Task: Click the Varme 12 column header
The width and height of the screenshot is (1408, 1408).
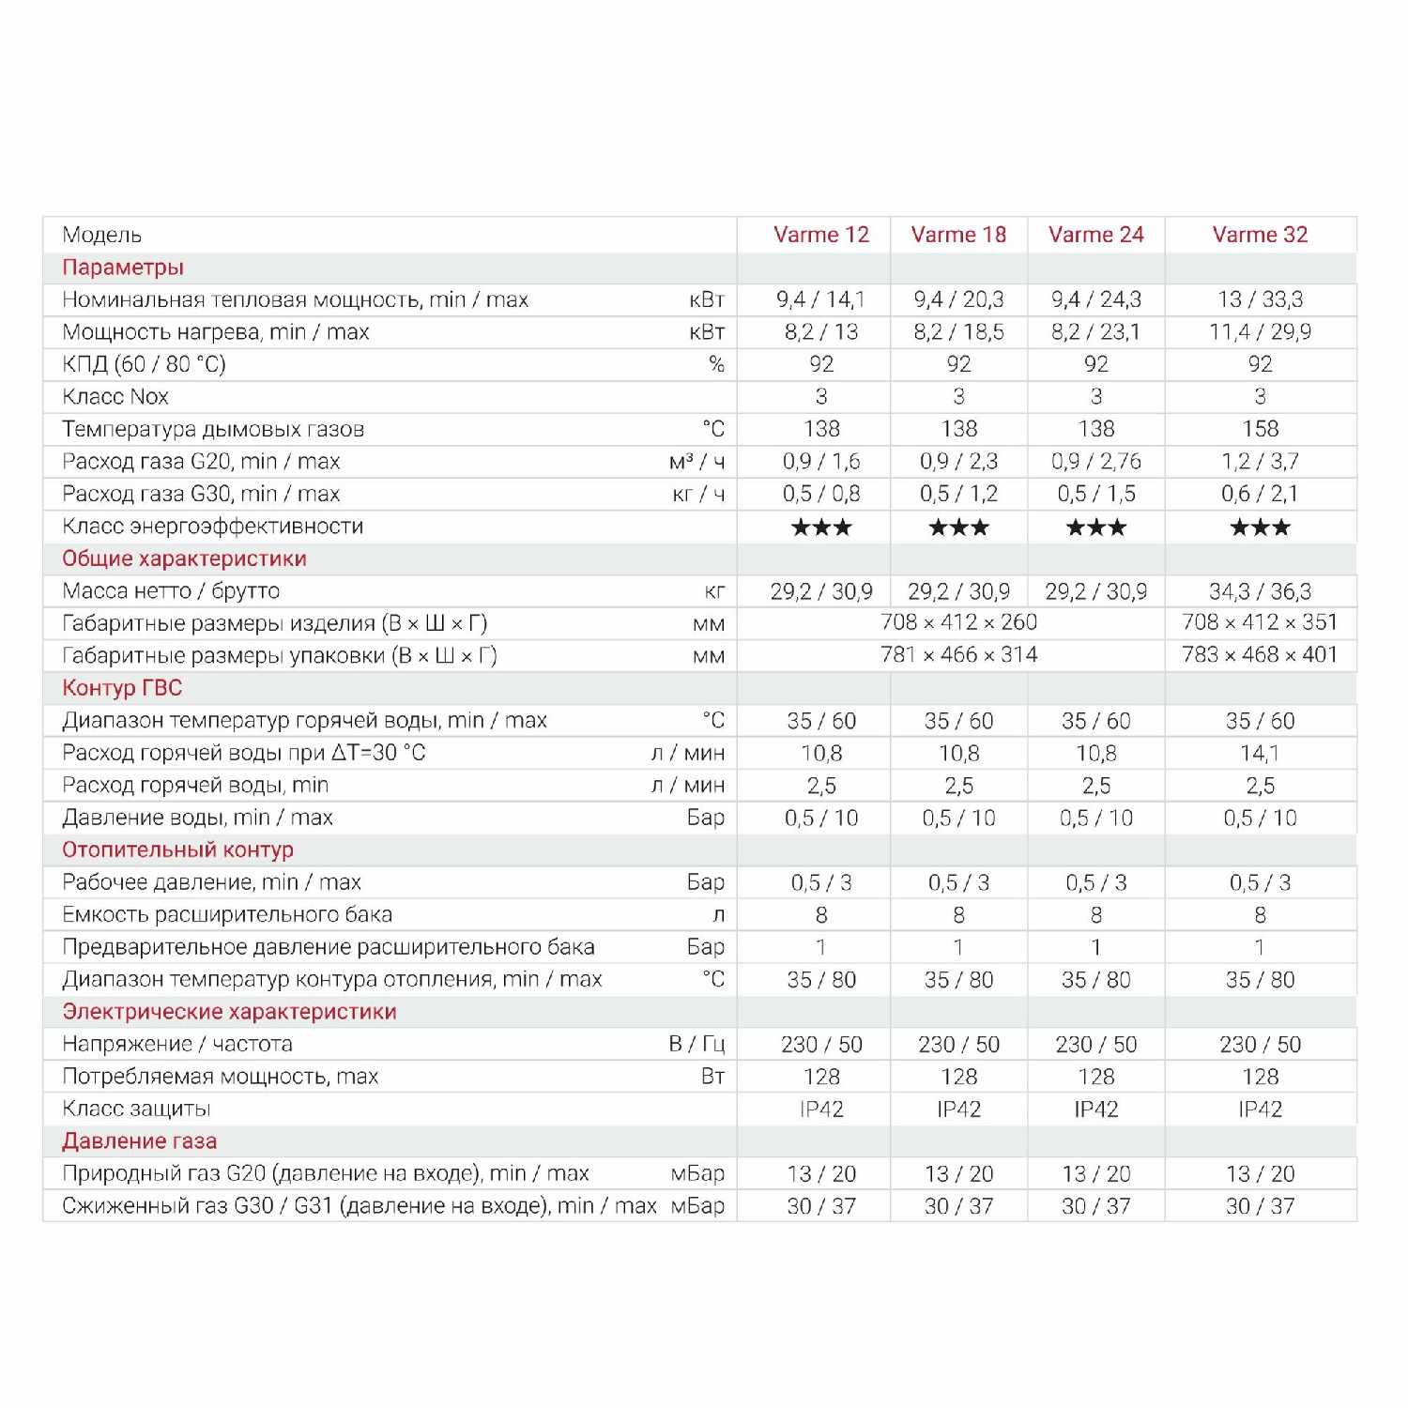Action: (821, 235)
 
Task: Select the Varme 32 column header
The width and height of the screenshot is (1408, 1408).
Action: (1260, 235)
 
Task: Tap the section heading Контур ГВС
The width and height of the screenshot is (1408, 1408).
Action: (122, 688)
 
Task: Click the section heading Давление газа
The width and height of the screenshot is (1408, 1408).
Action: (139, 1141)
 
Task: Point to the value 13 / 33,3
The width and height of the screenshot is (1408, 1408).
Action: (1260, 299)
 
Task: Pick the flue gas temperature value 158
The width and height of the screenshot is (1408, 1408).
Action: (1260, 429)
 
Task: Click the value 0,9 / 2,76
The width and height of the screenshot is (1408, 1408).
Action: (1095, 462)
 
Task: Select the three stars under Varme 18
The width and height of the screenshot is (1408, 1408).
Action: (958, 528)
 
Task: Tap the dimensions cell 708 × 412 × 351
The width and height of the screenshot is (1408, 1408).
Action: (1260, 622)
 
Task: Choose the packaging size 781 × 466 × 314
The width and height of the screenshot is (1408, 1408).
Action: (958, 655)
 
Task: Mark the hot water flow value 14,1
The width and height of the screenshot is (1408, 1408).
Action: (1260, 754)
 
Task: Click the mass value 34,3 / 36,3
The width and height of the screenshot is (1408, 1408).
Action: (1260, 591)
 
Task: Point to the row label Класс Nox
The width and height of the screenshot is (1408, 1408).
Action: (115, 397)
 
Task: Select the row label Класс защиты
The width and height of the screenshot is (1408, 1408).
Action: (136, 1110)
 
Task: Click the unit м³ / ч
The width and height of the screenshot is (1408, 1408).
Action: (696, 462)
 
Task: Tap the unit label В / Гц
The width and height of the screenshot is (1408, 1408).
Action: (696, 1045)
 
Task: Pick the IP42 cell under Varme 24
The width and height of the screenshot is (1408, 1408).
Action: (1095, 1110)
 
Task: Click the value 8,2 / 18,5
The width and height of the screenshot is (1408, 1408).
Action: (958, 332)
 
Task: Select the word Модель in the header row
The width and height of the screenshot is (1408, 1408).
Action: (101, 235)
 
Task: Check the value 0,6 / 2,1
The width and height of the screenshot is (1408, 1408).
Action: (1260, 494)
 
